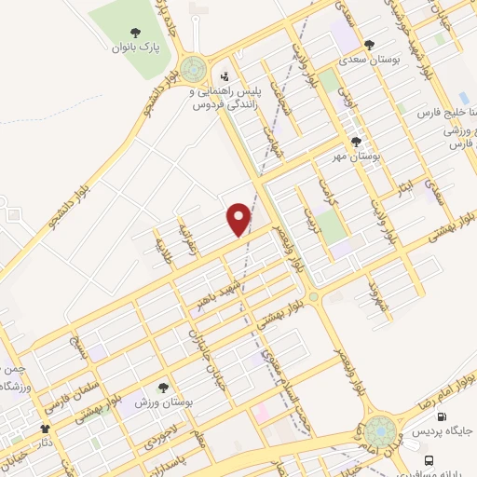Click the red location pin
point(240,219)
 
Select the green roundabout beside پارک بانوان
point(194,68)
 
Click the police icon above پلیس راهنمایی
point(225,78)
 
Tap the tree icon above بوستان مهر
point(357,142)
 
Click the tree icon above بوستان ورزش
point(163,388)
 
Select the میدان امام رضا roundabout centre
point(380,432)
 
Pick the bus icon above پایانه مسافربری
point(429,461)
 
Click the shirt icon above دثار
point(44,429)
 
